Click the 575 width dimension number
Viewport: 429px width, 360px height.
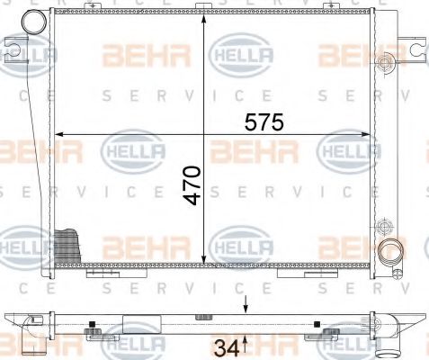(259, 122)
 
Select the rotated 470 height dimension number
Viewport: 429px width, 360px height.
(192, 185)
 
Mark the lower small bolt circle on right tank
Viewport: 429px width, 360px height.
(385, 225)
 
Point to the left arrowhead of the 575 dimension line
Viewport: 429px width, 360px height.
(62, 136)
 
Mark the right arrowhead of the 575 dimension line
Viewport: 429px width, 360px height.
(367, 136)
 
